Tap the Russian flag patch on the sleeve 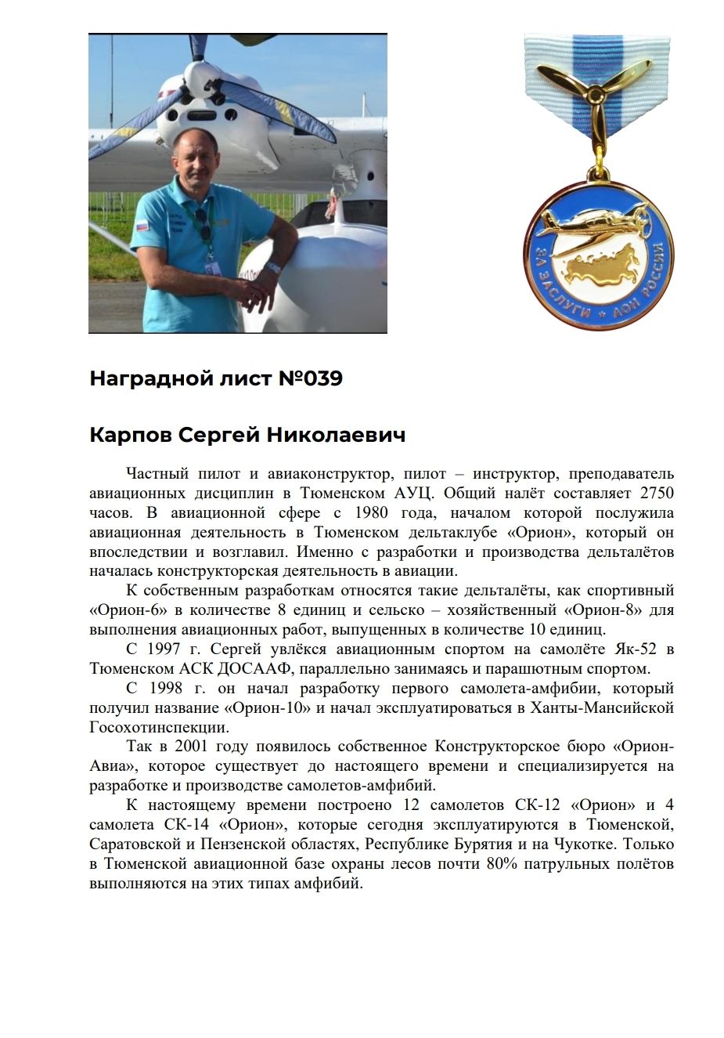142,226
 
